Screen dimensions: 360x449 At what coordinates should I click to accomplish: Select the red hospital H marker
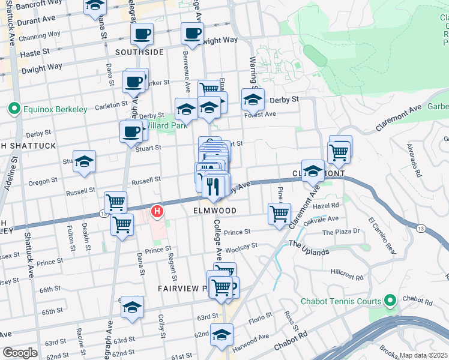[x=157, y=211]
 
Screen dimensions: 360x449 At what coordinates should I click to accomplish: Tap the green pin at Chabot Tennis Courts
[x=390, y=301]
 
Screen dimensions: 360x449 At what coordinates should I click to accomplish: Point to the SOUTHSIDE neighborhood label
[x=139, y=53]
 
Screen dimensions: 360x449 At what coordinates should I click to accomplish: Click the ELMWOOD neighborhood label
[x=214, y=211]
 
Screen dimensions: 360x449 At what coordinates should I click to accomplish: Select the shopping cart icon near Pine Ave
[x=279, y=214]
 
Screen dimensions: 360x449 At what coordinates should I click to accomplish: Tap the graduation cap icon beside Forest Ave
[x=253, y=100]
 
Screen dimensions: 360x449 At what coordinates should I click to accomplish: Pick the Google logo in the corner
[x=20, y=353]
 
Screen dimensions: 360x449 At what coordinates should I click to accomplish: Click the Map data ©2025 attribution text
[x=424, y=355]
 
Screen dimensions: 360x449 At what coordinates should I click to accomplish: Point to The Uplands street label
[x=309, y=247]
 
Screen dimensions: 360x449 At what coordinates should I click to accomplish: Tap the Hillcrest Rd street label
[x=347, y=275]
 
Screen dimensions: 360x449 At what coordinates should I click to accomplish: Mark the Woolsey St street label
[x=243, y=247]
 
